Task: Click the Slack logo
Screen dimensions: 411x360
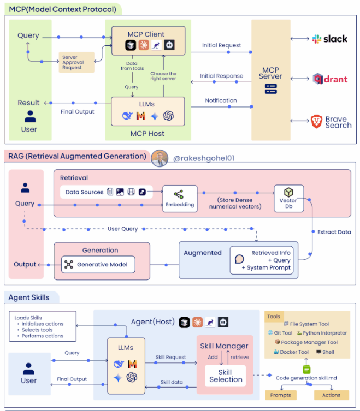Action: pos(329,39)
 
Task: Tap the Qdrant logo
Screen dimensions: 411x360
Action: pos(329,79)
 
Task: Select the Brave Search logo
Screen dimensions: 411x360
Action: pos(331,122)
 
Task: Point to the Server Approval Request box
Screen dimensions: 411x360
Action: pos(77,62)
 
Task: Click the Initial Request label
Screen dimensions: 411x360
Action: pos(221,45)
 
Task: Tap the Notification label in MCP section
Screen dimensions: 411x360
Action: pos(221,100)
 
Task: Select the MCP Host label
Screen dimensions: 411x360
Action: pos(147,133)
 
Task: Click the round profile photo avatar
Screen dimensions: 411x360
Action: pos(159,158)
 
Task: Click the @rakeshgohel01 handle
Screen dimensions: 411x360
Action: pos(203,158)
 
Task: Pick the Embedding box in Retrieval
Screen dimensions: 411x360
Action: pos(180,198)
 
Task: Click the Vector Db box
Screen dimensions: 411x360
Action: pos(288,198)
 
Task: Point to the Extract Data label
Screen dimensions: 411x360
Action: pos(334,232)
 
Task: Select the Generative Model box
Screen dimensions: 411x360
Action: pos(98,265)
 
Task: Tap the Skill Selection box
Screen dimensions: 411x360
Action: pos(225,376)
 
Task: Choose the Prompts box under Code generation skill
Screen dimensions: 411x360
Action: pos(280,395)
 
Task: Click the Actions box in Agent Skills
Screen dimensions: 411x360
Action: pos(331,395)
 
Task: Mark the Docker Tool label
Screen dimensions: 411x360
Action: pos(291,352)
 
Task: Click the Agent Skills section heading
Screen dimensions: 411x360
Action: pos(29,297)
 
